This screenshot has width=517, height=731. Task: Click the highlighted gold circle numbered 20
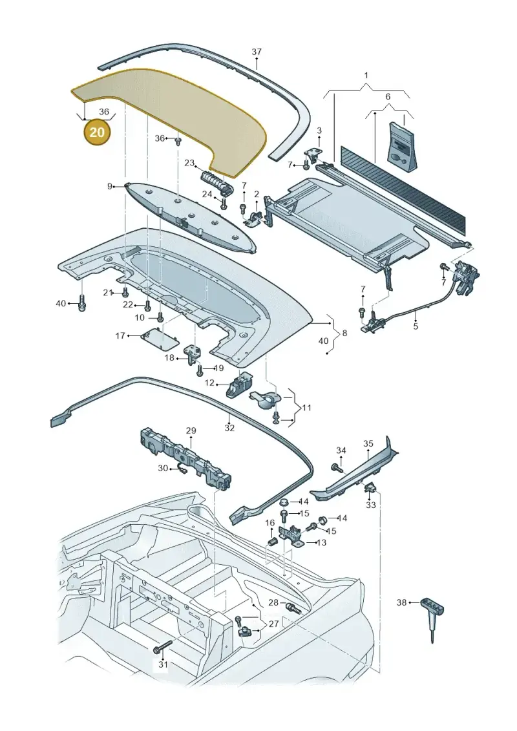97,132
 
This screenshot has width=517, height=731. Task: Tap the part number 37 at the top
257,52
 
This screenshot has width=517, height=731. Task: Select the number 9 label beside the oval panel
110,187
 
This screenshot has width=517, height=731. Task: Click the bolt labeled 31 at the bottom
162,646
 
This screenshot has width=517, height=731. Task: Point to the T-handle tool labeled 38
432,617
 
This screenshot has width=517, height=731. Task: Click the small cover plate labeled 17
160,339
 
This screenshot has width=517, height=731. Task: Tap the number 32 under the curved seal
229,428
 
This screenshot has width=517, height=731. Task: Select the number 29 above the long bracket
191,430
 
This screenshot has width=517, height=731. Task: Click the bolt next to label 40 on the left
82,304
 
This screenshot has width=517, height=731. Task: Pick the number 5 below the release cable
416,326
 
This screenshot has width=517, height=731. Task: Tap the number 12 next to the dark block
210,383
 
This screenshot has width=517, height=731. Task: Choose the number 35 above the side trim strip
368,443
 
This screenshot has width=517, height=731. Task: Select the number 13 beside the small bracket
321,543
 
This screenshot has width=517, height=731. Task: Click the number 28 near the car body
273,603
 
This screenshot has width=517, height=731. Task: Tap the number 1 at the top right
366,75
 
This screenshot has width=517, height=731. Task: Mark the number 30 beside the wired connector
163,468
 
